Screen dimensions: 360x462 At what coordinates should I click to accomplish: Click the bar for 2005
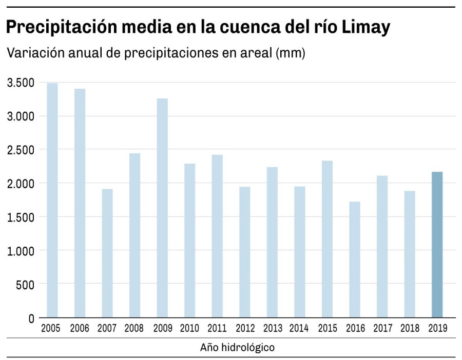tap(52, 200)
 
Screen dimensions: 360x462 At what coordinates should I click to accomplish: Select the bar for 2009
tap(162, 208)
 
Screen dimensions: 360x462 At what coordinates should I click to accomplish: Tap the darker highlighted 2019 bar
tap(437, 245)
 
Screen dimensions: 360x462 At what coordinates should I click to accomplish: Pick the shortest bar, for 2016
tap(354, 259)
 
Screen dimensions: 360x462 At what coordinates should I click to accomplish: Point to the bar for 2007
tap(107, 253)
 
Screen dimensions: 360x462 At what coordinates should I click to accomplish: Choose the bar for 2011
tap(217, 236)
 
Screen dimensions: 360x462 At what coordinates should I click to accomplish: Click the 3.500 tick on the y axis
tap(20, 83)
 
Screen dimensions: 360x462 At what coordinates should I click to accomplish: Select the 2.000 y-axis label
tap(20, 184)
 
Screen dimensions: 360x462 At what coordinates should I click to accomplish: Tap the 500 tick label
tap(25, 285)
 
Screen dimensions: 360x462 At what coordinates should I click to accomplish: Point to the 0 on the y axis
tap(31, 318)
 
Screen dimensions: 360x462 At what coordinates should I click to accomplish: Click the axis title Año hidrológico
tap(237, 348)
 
